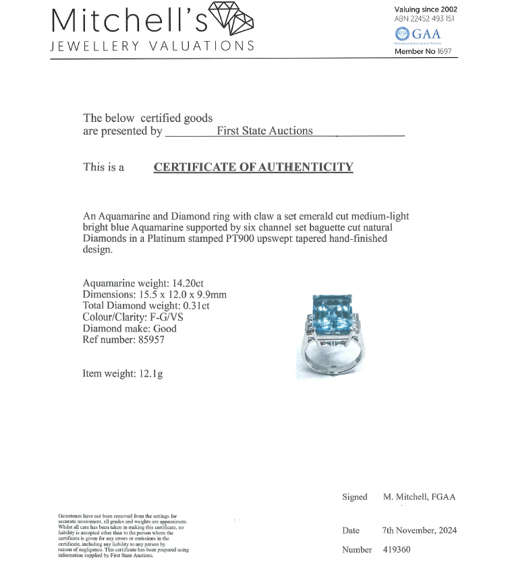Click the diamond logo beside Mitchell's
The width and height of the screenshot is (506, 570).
click(232, 18)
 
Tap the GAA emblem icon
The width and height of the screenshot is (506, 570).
click(403, 34)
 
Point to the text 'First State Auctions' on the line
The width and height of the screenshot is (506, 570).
click(264, 131)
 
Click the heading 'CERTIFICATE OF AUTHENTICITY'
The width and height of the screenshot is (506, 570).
click(253, 167)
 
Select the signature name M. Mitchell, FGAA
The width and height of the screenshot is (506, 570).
click(419, 497)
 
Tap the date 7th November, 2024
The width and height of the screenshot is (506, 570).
click(419, 530)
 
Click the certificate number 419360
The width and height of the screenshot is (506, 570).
click(396, 550)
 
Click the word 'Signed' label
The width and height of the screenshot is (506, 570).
click(355, 497)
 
